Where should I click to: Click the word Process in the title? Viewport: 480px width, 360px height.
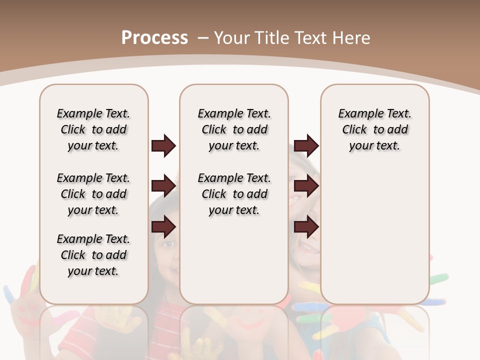pos(154,37)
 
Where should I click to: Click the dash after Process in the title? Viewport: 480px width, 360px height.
pos(203,38)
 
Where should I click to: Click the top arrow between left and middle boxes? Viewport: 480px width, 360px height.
pos(163,146)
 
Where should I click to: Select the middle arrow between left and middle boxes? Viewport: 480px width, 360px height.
pos(163,186)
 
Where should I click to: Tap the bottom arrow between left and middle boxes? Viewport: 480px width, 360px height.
pos(163,227)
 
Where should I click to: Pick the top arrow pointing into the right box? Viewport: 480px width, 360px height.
pos(306,146)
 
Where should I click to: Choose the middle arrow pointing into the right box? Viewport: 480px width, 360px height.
pos(306,186)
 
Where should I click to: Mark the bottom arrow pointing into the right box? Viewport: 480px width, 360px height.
pos(306,227)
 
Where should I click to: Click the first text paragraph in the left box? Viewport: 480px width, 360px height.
pos(93,129)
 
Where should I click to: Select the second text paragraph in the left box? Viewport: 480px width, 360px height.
pos(93,194)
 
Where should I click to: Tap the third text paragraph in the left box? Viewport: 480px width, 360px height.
pos(93,255)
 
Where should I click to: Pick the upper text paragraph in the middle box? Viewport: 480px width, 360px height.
pos(234,129)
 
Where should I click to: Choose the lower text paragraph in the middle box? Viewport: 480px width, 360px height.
pos(234,194)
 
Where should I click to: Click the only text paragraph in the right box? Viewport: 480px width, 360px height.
pos(375,129)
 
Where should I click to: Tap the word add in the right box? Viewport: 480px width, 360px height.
pos(397,130)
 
